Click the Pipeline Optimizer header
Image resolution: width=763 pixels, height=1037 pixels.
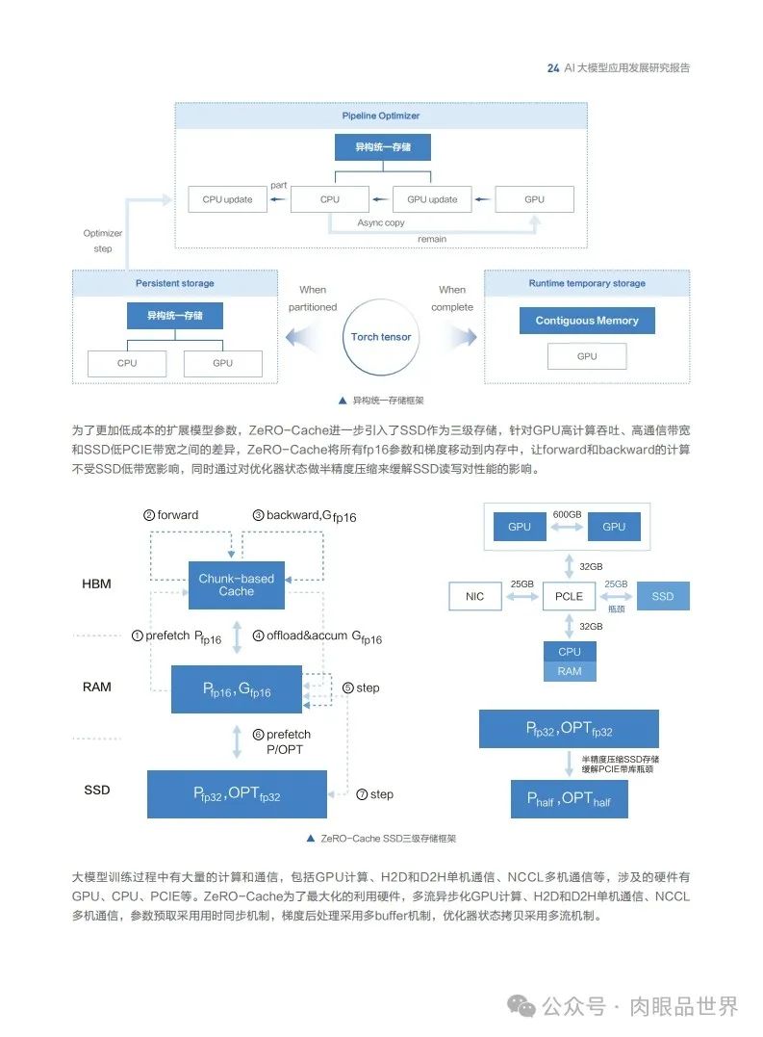pyautogui.click(x=381, y=116)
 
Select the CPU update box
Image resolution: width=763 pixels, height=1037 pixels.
pyautogui.click(x=227, y=199)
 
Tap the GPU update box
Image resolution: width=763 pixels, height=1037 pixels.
pyautogui.click(x=432, y=199)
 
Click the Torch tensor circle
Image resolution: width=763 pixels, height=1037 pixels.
pyautogui.click(x=381, y=337)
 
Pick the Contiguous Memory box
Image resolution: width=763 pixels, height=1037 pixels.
pyautogui.click(x=587, y=321)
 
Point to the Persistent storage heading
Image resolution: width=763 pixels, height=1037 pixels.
pyautogui.click(x=174, y=283)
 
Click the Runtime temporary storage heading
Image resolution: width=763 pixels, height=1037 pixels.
pyautogui.click(x=587, y=283)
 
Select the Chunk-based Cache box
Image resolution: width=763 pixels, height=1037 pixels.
pyautogui.click(x=236, y=584)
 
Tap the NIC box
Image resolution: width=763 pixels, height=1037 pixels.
pyautogui.click(x=474, y=596)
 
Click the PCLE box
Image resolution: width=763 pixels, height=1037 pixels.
pyautogui.click(x=569, y=596)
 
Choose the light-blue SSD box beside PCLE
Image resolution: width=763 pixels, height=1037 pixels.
pyautogui.click(x=662, y=596)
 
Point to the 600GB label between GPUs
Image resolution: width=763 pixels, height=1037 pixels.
pyautogui.click(x=567, y=514)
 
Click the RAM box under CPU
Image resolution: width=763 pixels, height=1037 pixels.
pyautogui.click(x=570, y=671)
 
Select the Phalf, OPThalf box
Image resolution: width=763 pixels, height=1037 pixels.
pyautogui.click(x=569, y=798)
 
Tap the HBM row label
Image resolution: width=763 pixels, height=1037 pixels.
pyautogui.click(x=96, y=584)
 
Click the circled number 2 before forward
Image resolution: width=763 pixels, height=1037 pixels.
pyautogui.click(x=149, y=515)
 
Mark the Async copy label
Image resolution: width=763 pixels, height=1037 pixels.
pyautogui.click(x=381, y=222)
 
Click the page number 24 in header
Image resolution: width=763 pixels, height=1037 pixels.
pyautogui.click(x=552, y=68)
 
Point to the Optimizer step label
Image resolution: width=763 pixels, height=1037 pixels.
pyautogui.click(x=103, y=241)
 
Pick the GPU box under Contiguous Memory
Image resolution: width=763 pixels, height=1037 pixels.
pyautogui.click(x=587, y=355)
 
